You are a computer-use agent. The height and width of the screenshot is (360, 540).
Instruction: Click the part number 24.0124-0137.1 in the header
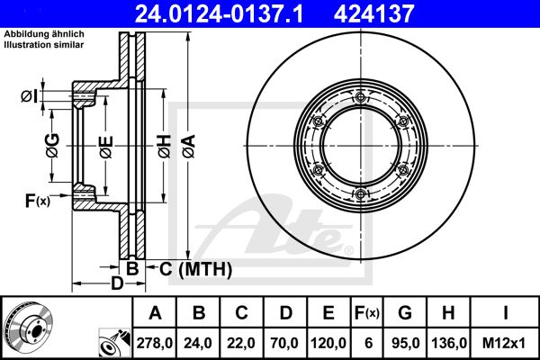coord(219,14)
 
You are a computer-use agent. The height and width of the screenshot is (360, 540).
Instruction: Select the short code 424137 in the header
coord(373,14)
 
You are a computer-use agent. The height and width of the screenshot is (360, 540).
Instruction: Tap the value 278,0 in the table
coord(155,343)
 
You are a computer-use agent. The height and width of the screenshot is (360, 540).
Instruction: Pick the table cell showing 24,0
coord(198,343)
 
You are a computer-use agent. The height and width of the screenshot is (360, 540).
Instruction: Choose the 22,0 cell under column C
coord(241,343)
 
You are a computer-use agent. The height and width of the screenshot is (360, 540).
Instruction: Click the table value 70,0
coord(284,343)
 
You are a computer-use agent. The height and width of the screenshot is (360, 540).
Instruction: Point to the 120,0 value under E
coord(328,343)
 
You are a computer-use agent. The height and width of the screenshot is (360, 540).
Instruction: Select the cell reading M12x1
coord(504,343)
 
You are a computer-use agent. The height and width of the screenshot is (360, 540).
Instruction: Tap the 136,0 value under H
coord(449,343)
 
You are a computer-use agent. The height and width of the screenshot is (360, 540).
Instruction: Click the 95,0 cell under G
coord(405,343)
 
